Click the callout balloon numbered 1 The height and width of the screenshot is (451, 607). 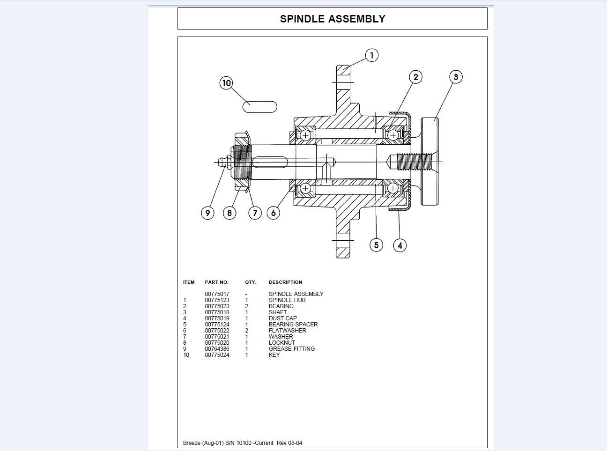pyautogui.click(x=371, y=55)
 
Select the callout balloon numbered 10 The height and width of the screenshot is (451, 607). pyautogui.click(x=226, y=83)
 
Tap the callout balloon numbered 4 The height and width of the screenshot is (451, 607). pyautogui.click(x=400, y=245)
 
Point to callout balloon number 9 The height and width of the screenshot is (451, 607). pyautogui.click(x=207, y=213)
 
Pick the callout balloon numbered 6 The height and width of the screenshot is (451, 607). pyautogui.click(x=273, y=213)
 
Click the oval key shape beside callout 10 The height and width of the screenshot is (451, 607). pyautogui.click(x=259, y=107)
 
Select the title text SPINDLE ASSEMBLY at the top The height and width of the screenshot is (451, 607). pyautogui.click(x=333, y=19)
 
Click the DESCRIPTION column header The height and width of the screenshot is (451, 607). pyautogui.click(x=285, y=282)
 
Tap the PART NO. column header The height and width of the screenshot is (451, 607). pyautogui.click(x=216, y=282)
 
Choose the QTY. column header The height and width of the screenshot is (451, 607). pyautogui.click(x=251, y=282)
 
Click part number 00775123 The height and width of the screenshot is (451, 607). pyautogui.click(x=217, y=300)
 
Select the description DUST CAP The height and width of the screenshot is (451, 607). pyautogui.click(x=282, y=318)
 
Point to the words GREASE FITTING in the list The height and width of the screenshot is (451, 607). pyautogui.click(x=291, y=349)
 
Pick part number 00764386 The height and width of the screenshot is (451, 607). pyautogui.click(x=217, y=349)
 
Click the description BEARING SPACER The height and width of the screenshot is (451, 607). pyautogui.click(x=293, y=325)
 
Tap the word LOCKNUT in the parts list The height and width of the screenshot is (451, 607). pyautogui.click(x=281, y=343)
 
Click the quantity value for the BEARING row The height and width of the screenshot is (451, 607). pyautogui.click(x=246, y=306)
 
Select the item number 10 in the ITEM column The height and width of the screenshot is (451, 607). pyautogui.click(x=186, y=355)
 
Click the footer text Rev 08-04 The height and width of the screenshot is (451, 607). pyautogui.click(x=289, y=443)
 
